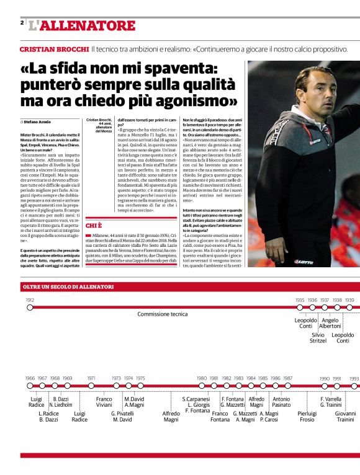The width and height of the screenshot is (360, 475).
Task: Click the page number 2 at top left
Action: pyautogui.click(x=22, y=23)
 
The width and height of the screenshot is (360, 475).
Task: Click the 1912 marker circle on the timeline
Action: pyautogui.click(x=30, y=306)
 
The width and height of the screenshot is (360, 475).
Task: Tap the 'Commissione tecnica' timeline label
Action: pyautogui.click(x=162, y=314)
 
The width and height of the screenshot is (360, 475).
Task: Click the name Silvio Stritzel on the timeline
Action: pyautogui.click(x=318, y=337)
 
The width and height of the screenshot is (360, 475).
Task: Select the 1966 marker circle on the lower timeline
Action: pyautogui.click(x=30, y=385)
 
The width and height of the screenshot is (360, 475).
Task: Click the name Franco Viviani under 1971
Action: pyautogui.click(x=104, y=402)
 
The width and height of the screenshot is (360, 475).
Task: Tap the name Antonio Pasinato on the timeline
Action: pyautogui.click(x=281, y=402)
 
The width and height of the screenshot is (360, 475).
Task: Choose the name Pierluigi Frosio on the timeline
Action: pyautogui.click(x=307, y=416)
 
